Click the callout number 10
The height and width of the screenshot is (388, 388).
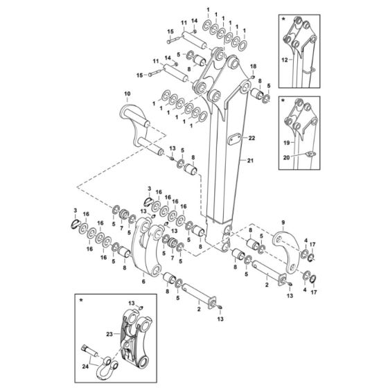point(126,93)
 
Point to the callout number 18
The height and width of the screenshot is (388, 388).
point(253,67)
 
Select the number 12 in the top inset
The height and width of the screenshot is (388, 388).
point(284,60)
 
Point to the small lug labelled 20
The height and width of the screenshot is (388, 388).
point(308,154)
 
